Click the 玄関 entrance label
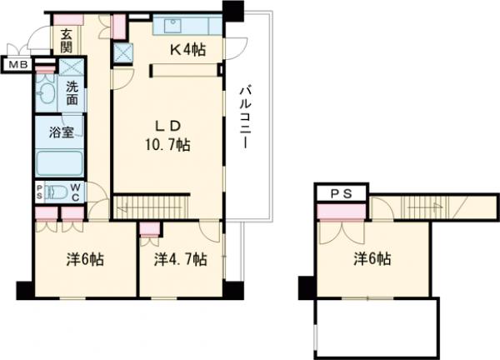tap(64, 41)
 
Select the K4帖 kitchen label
tap(189, 50)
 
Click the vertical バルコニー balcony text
tap(247, 117)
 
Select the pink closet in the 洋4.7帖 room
tap(150, 231)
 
